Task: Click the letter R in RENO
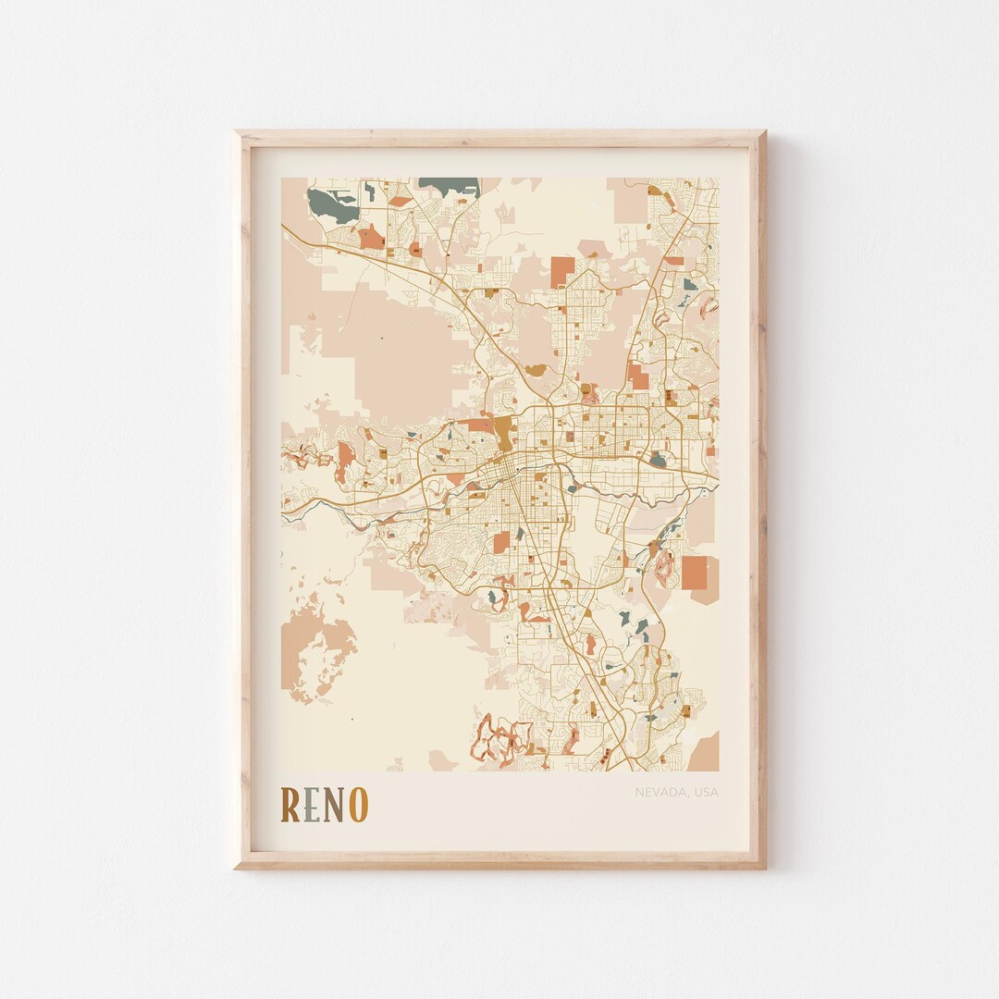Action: coord(290,805)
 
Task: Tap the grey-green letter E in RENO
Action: coord(313,805)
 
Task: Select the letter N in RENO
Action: coord(334,805)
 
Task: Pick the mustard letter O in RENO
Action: coord(358,805)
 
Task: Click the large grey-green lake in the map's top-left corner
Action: coord(325,203)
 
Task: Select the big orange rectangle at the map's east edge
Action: coord(695,573)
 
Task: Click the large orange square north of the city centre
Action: coord(562,271)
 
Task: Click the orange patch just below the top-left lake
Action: coord(371,237)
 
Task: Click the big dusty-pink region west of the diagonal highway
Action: coord(388,351)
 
